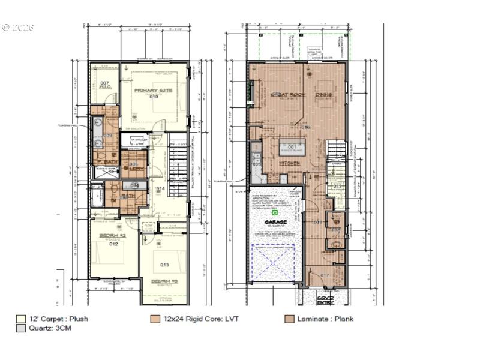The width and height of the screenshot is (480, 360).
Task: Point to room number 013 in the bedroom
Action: [164, 265]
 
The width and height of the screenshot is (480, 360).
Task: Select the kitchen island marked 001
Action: [292, 147]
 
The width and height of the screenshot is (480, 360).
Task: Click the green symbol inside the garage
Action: [274, 212]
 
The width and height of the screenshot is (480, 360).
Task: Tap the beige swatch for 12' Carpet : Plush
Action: [21, 319]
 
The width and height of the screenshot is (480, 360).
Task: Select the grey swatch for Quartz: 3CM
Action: [21, 329]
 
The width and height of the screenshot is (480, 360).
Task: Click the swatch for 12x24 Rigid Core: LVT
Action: [155, 319]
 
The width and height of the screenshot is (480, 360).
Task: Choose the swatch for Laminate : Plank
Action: [290, 319]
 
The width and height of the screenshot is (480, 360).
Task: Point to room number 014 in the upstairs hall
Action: [160, 189]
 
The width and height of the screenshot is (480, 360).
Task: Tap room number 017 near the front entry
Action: [325, 275]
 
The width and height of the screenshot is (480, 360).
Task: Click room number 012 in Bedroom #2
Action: [113, 244]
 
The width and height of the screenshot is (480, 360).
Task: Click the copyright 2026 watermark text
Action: [18, 28]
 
